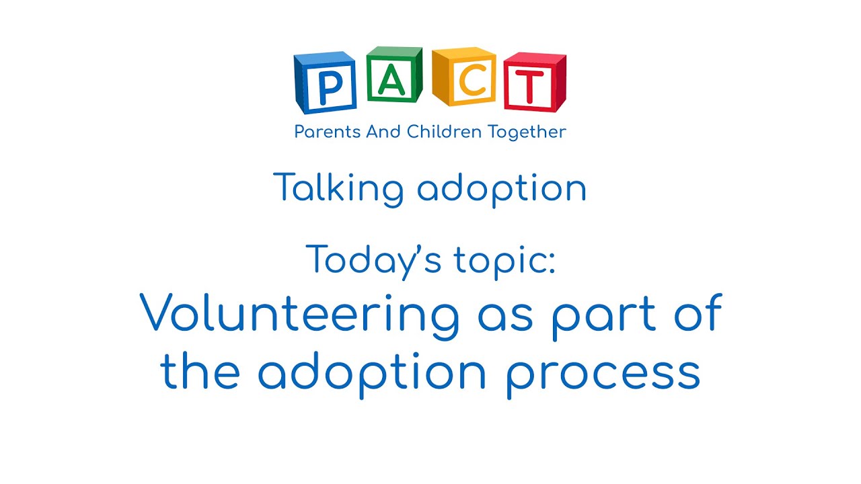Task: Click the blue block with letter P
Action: pos(325,83)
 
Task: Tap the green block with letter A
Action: pos(394,75)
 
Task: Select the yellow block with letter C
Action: pos(463,78)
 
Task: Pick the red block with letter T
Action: pos(535,82)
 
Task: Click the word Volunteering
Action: pos(300,316)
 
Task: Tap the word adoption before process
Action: pos(371,374)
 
